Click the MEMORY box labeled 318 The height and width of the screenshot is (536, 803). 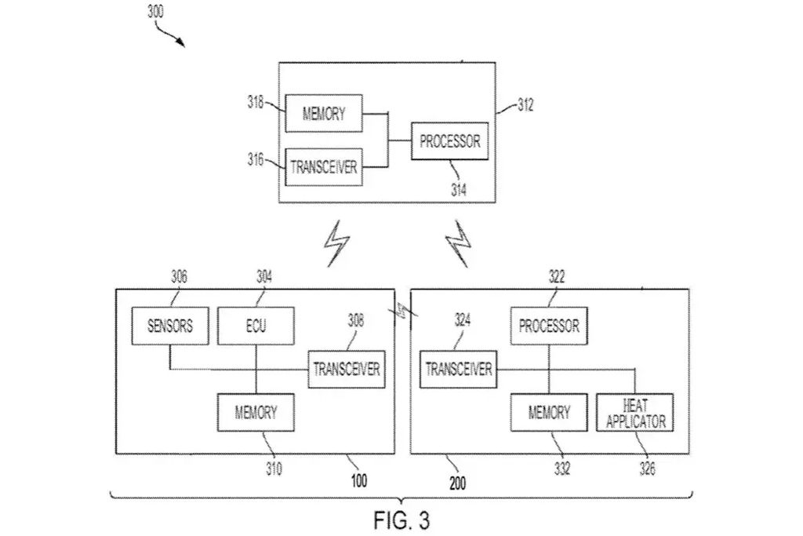pos(324,113)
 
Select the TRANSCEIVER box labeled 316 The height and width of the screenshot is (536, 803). pos(324,167)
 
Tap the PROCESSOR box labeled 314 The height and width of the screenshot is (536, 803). pos(449,141)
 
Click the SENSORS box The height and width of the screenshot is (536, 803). pos(170,326)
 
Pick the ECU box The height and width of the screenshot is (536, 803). pos(256,326)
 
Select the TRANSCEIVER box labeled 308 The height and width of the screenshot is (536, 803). pos(346,369)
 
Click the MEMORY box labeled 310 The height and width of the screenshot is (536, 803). pos(256,413)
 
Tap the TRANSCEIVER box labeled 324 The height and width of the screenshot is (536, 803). pos(458,369)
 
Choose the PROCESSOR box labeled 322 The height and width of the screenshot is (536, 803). pos(549,326)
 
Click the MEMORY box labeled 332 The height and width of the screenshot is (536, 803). pos(549,413)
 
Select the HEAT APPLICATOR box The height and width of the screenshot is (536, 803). pos(635,413)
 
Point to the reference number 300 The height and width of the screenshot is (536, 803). pos(156,11)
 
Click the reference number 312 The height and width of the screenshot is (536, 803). pos(525,105)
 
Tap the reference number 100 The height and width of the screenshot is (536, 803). pos(359,480)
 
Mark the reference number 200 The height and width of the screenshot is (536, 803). pos(457,483)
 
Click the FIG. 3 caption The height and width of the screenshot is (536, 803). pos(401,520)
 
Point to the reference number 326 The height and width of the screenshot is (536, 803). pos(647,469)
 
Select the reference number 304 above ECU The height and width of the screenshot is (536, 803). pos(264,277)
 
